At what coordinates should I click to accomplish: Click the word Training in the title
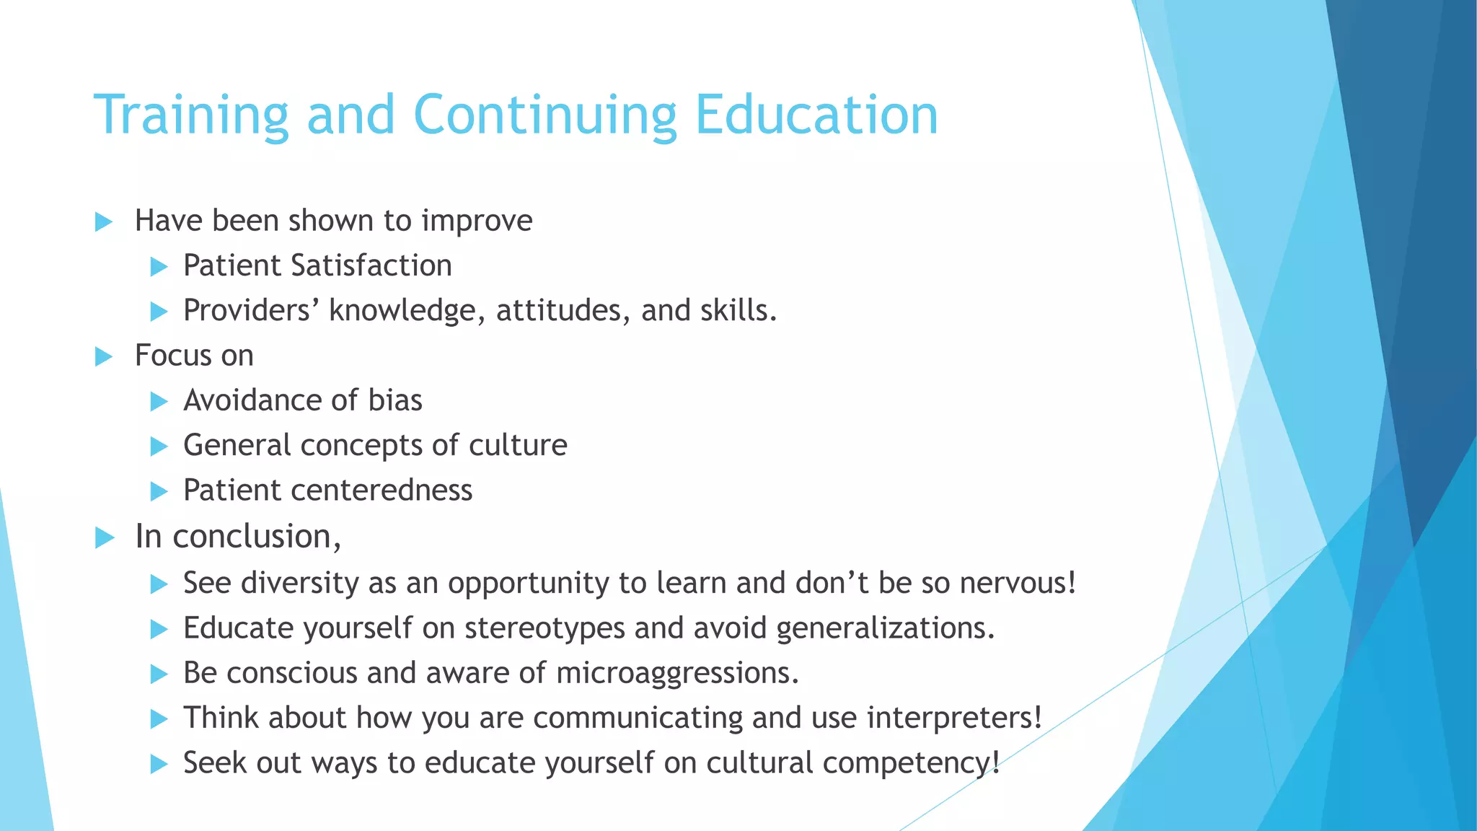tap(191, 115)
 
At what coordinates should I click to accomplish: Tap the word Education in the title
tap(816, 115)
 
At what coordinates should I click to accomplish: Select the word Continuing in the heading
tap(544, 115)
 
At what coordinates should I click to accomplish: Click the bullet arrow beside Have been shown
tap(104, 222)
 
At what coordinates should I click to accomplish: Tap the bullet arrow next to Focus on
tap(104, 356)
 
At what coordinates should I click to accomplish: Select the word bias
tap(395, 400)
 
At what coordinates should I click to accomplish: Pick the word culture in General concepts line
tap(518, 445)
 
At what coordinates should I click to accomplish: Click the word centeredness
tap(382, 491)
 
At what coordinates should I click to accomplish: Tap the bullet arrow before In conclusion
tap(105, 537)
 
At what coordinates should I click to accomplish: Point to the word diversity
tap(299, 583)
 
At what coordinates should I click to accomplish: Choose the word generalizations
tap(885, 628)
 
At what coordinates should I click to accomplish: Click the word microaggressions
tap(677, 673)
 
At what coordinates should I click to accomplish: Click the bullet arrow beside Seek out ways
tap(159, 764)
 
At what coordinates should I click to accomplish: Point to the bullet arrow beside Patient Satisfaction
tap(159, 268)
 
